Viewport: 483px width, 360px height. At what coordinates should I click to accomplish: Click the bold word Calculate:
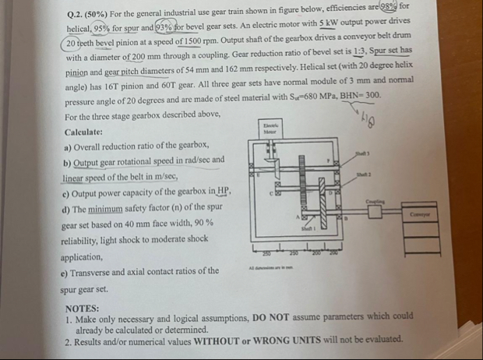[86, 132]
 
